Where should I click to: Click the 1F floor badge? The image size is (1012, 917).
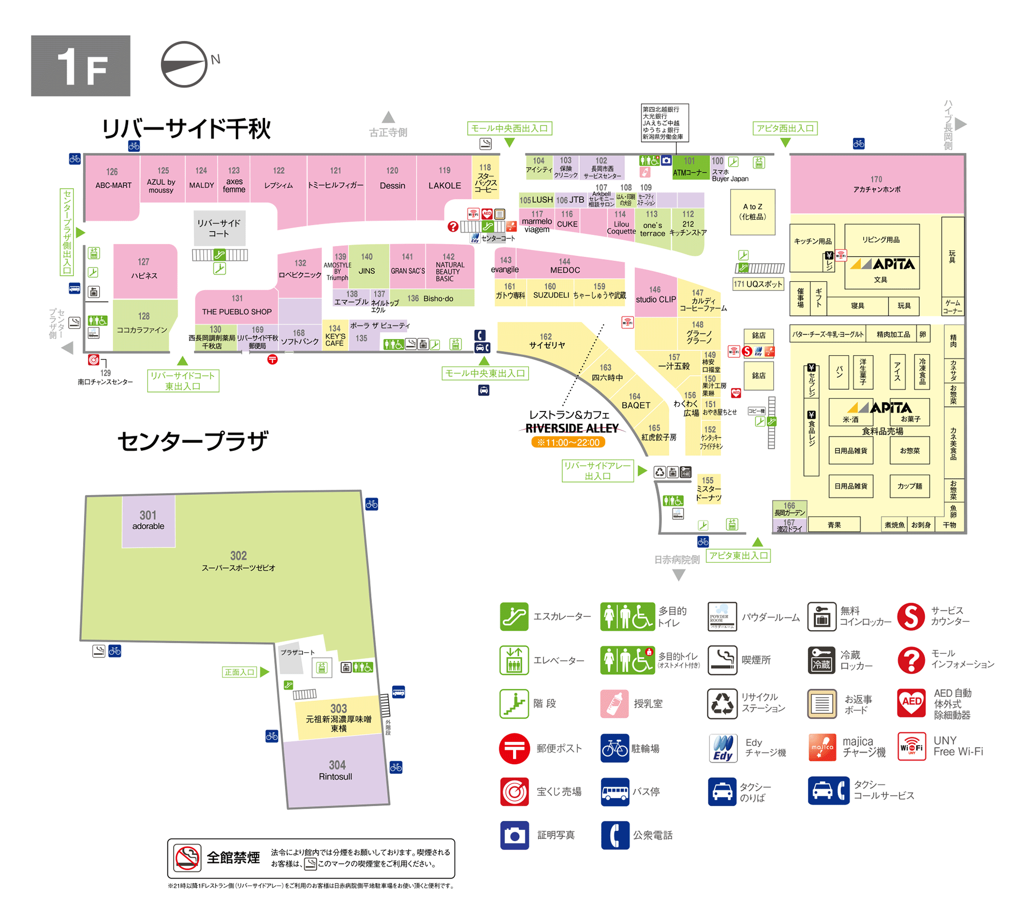pos(80,65)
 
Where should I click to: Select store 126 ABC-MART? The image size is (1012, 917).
pos(112,179)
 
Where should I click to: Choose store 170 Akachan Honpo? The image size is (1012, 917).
pos(876,184)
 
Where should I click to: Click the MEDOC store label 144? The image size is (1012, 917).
pos(565,266)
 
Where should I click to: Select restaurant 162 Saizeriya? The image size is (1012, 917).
pos(546,341)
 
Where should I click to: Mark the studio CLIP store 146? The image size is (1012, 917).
pos(655,295)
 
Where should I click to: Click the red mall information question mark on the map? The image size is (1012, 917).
pos(453,226)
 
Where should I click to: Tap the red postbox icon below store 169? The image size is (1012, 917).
pos(272,359)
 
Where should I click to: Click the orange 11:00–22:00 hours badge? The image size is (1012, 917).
pos(568,443)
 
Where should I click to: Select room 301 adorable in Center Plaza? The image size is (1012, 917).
pos(148,520)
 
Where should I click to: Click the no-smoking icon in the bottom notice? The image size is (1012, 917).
pos(187,858)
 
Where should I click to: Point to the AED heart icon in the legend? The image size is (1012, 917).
pos(911,703)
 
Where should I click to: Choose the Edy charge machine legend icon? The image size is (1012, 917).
pos(723,748)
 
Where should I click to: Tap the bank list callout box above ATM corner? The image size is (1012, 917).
pos(664,123)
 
